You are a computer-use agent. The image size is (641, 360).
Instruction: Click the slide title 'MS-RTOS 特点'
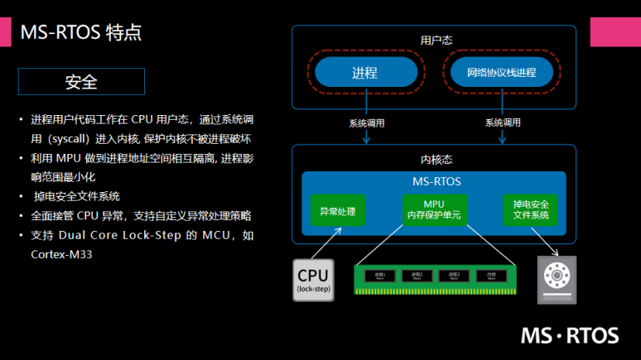80,33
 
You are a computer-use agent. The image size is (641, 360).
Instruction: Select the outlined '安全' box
81,82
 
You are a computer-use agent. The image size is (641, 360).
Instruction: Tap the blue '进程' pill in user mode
364,73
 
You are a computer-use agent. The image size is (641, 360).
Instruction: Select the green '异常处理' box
337,211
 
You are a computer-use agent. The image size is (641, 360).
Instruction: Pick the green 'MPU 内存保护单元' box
433,210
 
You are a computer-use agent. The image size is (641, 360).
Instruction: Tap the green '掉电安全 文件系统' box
531,210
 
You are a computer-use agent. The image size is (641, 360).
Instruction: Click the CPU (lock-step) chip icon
313,279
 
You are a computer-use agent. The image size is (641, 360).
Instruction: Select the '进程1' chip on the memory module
381,276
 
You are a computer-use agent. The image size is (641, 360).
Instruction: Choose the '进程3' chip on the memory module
454,276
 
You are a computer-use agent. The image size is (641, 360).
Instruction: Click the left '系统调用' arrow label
366,123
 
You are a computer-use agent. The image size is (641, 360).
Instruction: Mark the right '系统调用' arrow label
503,123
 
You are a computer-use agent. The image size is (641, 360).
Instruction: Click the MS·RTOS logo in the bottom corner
569,334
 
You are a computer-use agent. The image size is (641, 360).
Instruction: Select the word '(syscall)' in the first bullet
70,138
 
